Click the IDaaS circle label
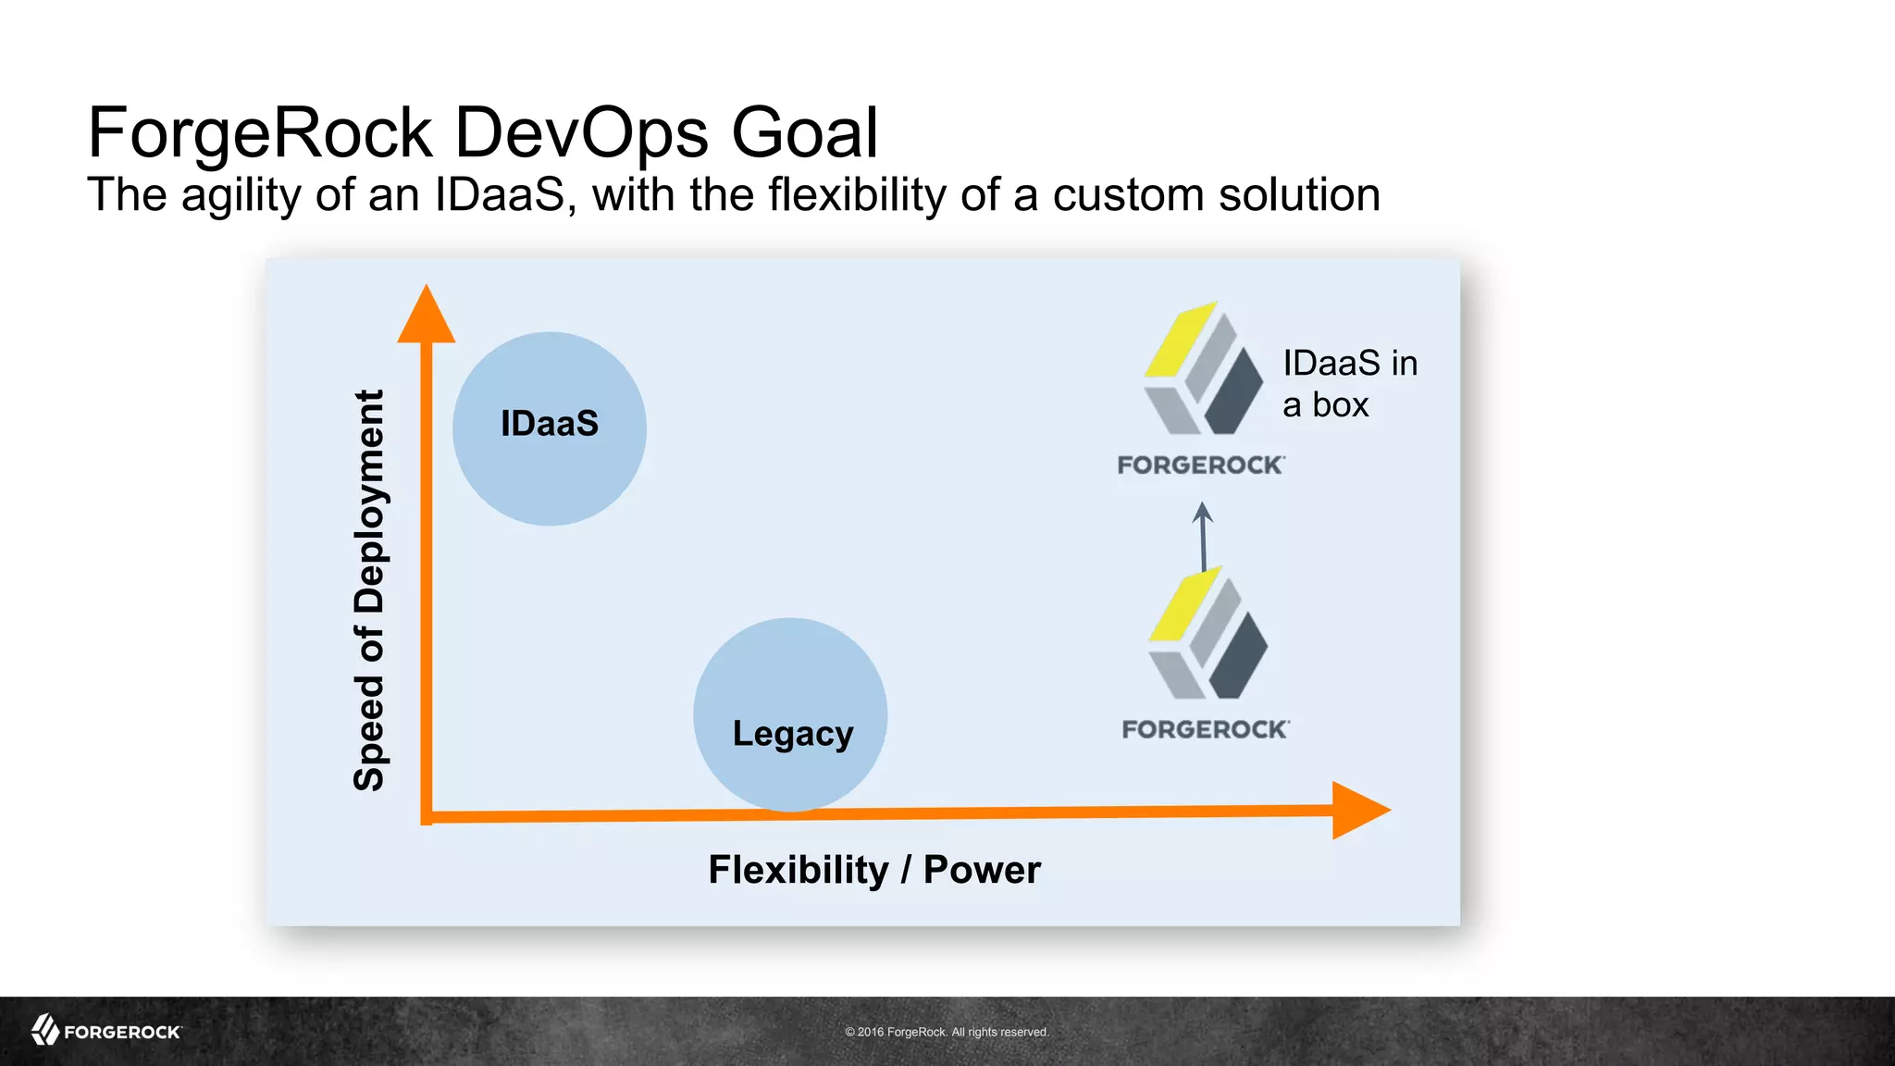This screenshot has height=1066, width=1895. pos(550,424)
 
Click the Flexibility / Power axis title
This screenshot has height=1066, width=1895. pos(874,870)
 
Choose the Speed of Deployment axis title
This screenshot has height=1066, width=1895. pos(369,590)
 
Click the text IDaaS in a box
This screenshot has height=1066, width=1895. pos(1348,383)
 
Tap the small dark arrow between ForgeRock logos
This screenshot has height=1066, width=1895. pos(1203,537)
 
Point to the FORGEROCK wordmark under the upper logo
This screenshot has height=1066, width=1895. pos(1201,465)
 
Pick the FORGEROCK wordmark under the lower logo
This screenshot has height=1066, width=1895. pos(1206,730)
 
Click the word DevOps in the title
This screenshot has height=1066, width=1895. pos(581,133)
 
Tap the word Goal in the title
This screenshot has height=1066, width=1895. pos(804,133)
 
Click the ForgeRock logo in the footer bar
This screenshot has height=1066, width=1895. pos(106,1031)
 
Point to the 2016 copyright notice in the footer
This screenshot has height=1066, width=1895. pos(947,1032)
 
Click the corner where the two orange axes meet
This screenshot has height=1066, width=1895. pos(427,816)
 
